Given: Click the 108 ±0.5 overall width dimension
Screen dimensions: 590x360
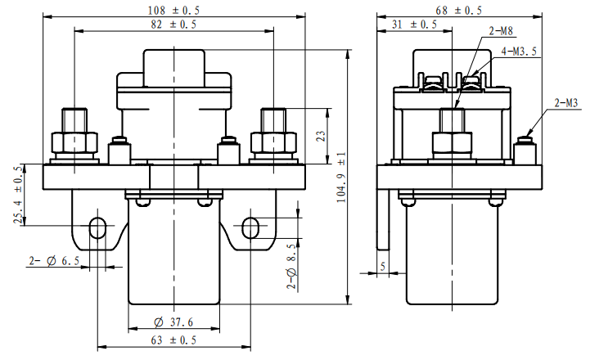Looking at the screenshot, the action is (x=173, y=10).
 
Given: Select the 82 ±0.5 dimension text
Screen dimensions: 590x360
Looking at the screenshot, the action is (x=173, y=25).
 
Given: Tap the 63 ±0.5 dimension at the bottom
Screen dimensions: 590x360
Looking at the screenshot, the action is (x=173, y=340).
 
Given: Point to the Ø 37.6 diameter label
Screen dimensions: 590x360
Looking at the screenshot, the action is (x=173, y=322).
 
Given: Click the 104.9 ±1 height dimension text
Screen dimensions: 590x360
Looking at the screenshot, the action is (x=341, y=178).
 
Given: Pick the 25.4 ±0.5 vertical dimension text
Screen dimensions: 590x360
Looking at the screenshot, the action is (x=19, y=196).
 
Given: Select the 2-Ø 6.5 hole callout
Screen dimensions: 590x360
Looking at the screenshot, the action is (x=54, y=261).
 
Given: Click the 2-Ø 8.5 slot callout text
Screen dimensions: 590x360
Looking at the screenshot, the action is (x=291, y=267).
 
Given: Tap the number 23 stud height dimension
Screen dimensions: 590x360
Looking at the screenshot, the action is (x=321, y=136).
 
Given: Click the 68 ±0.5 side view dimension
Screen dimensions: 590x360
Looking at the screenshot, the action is (x=459, y=10).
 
